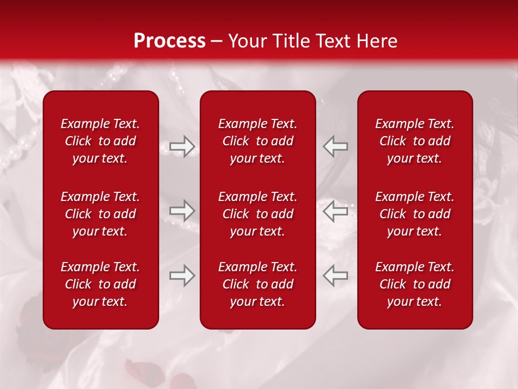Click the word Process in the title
[169, 41]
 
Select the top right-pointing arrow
[182, 146]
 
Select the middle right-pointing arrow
[182, 211]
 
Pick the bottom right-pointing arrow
[182, 276]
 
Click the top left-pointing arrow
[335, 146]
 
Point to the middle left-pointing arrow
[335, 211]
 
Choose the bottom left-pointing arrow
[335, 276]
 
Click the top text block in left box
[100, 141]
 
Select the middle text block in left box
[100, 214]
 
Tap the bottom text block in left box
[100, 284]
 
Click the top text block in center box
[258, 141]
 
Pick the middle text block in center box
[258, 214]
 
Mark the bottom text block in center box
[258, 284]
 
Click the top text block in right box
[415, 141]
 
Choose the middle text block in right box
[415, 214]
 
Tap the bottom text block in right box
[415, 284]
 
